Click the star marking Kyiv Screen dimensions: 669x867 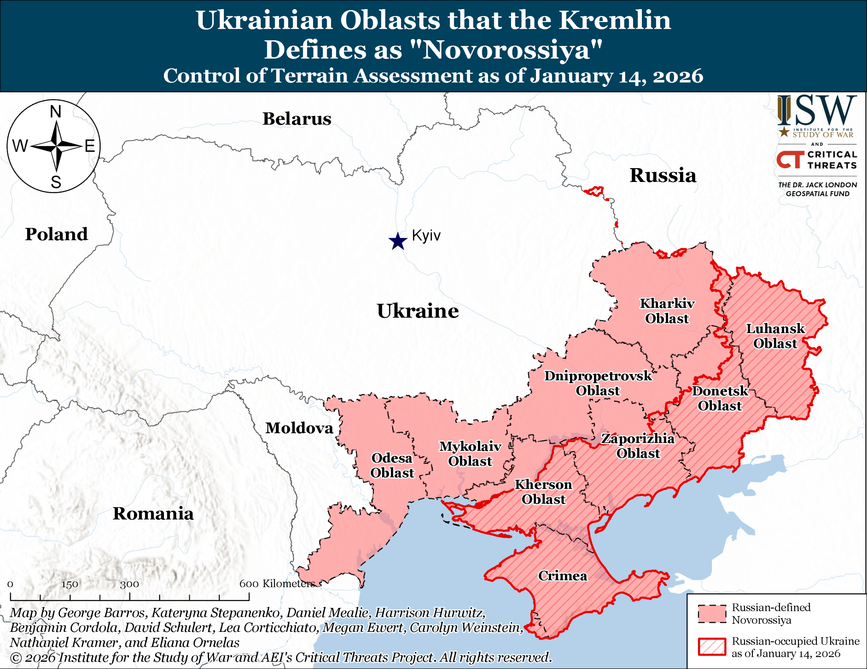[x=398, y=241]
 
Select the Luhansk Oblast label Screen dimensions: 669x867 [x=775, y=336]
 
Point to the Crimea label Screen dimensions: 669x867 [x=563, y=576]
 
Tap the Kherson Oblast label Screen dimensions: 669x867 [x=544, y=492]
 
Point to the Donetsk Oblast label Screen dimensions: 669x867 [x=720, y=398]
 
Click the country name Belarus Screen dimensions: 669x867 [x=297, y=119]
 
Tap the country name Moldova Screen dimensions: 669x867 [x=299, y=428]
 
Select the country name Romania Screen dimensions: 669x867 [x=153, y=513]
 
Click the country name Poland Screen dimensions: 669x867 [x=56, y=234]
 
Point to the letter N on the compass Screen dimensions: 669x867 [x=56, y=112]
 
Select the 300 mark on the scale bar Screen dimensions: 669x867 [x=130, y=584]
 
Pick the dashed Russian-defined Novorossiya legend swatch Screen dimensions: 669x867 [x=712, y=614]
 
